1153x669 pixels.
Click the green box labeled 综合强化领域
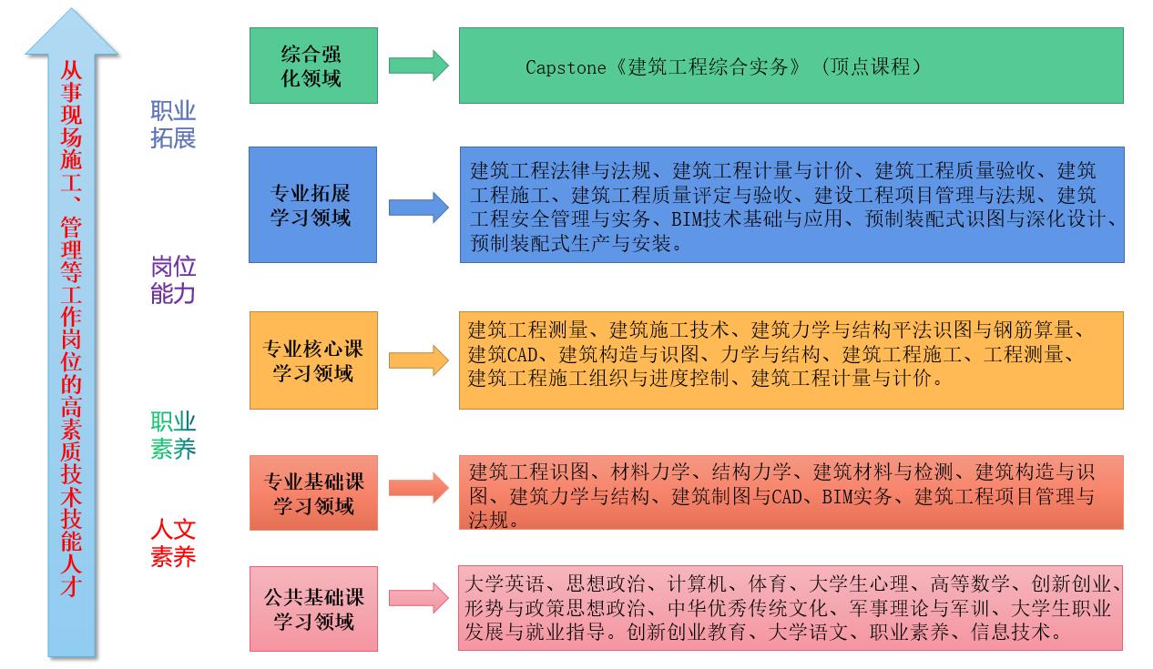(313, 66)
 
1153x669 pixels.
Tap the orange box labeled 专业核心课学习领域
(313, 360)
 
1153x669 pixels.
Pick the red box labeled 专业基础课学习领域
(313, 492)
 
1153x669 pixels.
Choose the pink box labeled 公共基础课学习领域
(313, 609)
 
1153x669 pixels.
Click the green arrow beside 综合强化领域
(418, 66)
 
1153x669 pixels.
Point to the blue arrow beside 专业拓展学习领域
(418, 207)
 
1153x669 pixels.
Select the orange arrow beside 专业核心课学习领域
(418, 360)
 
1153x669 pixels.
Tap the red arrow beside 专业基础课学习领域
(418, 488)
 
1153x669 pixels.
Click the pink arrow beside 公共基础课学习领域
(418, 598)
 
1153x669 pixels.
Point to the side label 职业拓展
(173, 125)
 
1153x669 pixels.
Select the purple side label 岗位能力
(173, 279)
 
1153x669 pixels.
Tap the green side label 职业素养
(173, 435)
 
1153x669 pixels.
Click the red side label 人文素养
(173, 543)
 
